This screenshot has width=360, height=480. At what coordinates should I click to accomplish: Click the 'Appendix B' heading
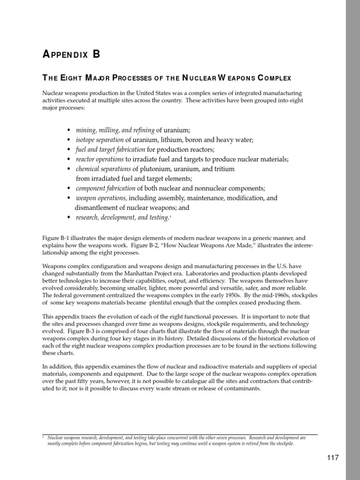point(71,54)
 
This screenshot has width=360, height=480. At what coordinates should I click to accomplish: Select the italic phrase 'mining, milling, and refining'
point(115,130)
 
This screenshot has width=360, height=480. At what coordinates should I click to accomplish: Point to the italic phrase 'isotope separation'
point(99,140)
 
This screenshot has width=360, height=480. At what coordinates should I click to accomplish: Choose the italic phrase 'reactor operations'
point(100,159)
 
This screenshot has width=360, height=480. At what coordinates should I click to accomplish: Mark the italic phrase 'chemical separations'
point(103,169)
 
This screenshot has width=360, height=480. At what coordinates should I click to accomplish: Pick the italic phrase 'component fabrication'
point(105,188)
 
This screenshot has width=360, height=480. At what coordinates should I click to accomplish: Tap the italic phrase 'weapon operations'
point(101,198)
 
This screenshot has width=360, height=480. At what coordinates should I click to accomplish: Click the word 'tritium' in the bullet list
point(225,169)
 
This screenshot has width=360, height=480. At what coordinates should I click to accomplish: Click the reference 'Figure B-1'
point(55,238)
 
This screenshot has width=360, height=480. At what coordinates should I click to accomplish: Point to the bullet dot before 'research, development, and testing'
point(68,217)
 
